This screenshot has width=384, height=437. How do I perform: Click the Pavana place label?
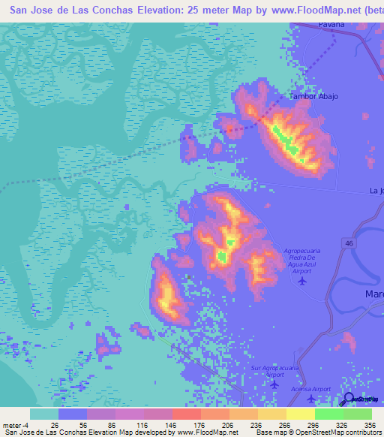click(x=330, y=25)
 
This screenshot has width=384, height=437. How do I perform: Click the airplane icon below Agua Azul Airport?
click(x=301, y=282)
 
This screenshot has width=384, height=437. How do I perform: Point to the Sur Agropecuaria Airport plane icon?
click(x=273, y=384)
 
